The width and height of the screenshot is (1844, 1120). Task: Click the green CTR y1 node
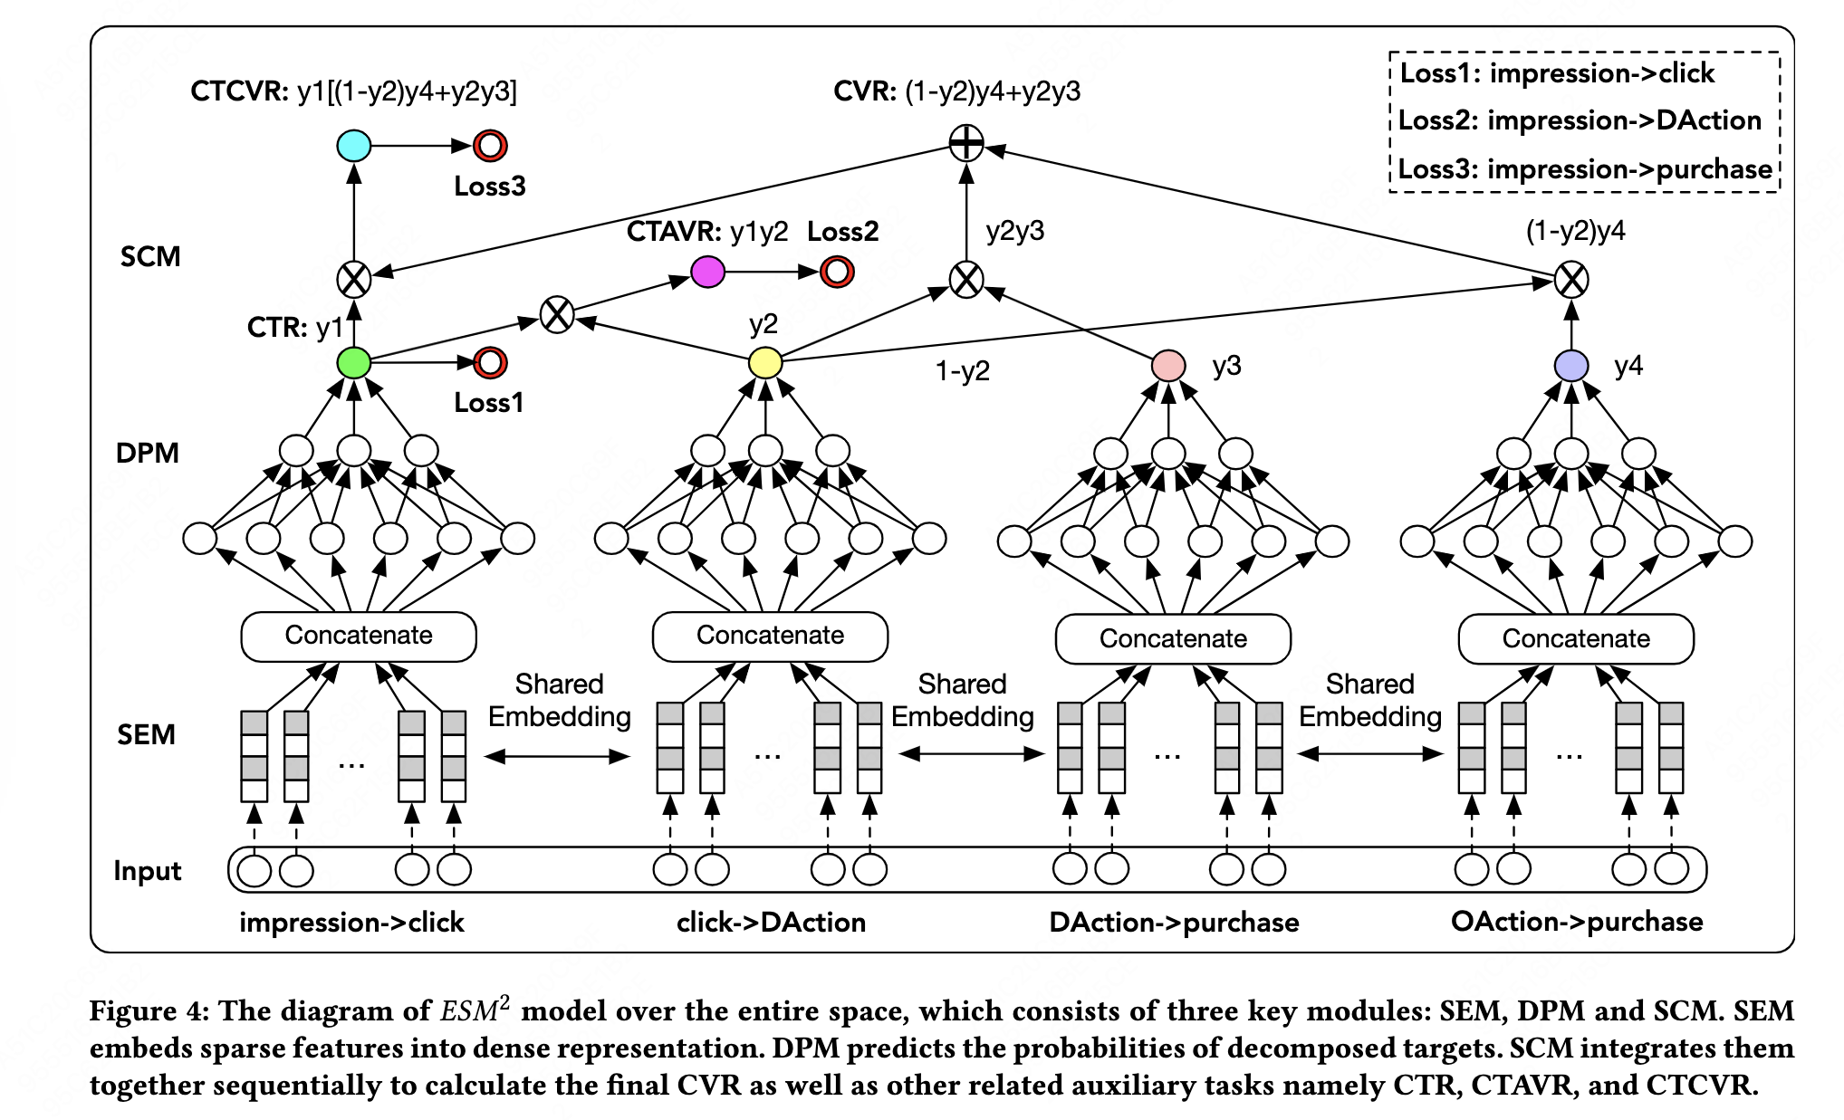tap(354, 363)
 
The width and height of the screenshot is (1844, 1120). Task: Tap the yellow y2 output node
tap(765, 363)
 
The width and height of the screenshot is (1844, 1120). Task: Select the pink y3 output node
tap(1168, 366)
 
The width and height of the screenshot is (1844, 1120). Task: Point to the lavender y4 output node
tap(1571, 366)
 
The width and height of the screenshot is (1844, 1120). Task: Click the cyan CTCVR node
tap(354, 145)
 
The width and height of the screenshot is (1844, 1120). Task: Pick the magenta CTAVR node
tap(707, 271)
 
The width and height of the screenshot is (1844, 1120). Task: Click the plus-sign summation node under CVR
tap(966, 142)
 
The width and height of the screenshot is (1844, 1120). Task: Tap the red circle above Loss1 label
tap(490, 363)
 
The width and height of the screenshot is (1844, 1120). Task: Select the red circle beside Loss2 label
tap(837, 271)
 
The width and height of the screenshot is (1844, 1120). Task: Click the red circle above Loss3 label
tap(490, 145)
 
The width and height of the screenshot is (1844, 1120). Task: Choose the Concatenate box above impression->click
tap(359, 636)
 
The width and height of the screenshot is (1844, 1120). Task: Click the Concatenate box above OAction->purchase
tap(1576, 638)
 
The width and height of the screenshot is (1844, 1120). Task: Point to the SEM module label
tap(146, 734)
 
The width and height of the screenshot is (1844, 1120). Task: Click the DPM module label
tap(148, 453)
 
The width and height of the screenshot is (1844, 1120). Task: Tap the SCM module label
tap(150, 257)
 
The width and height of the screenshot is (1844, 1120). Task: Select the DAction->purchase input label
tap(1174, 922)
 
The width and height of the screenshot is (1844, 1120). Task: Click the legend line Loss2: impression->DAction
tap(1580, 120)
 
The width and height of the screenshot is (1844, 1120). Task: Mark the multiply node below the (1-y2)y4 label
tap(1571, 279)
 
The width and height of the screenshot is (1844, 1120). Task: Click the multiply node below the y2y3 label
tap(966, 279)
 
